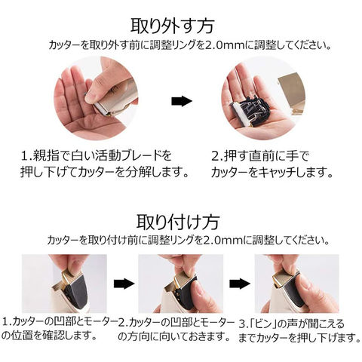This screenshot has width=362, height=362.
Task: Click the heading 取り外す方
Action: pyautogui.click(x=173, y=26)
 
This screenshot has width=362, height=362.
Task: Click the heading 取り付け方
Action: pyautogui.click(x=178, y=222)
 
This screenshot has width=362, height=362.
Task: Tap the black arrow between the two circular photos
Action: pyautogui.click(x=182, y=101)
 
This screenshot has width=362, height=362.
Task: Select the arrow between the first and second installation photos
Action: pyautogui.click(x=124, y=284)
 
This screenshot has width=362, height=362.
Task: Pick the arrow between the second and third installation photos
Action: pyautogui.click(x=240, y=284)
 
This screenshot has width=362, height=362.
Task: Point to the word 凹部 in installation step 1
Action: pyautogui.click(x=63, y=322)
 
